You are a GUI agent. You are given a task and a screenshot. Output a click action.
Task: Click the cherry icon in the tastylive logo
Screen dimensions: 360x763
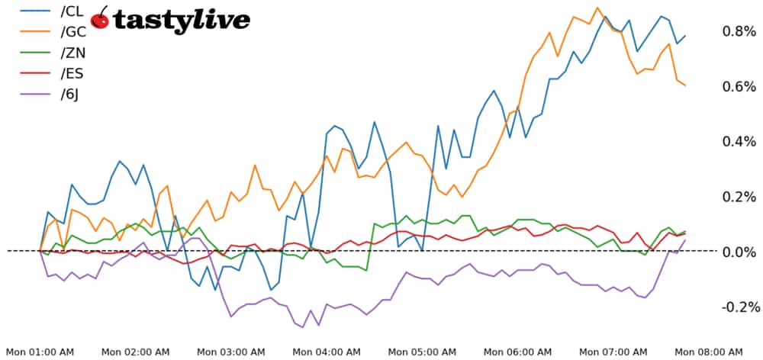click(100, 18)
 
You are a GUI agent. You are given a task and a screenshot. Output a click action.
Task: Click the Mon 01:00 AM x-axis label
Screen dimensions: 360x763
click(40, 352)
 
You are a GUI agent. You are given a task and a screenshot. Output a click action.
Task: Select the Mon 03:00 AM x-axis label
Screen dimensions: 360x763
click(231, 352)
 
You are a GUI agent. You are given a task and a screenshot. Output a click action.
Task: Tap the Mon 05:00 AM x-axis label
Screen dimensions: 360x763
click(422, 352)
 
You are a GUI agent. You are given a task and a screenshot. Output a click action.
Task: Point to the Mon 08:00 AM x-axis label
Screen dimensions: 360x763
click(710, 352)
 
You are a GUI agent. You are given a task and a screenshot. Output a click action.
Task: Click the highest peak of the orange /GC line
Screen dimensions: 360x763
click(597, 8)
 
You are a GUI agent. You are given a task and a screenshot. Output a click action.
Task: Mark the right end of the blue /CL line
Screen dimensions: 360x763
click(685, 35)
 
